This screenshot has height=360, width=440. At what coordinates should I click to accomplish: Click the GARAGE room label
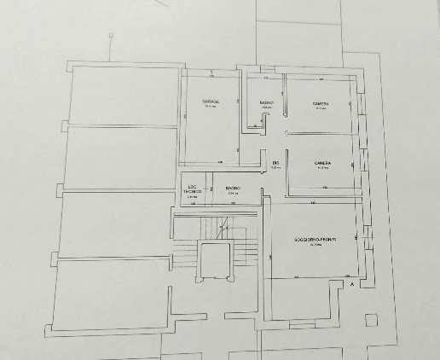211,101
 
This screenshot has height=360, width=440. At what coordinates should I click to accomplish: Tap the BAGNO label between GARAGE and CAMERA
266,102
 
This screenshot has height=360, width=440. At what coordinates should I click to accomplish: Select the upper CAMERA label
321,103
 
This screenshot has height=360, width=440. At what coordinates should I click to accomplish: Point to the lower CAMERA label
322,163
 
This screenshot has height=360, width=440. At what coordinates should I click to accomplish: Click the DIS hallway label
275,162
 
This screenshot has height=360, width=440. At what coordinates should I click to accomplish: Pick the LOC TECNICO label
192,190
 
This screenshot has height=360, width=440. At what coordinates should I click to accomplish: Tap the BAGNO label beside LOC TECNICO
233,188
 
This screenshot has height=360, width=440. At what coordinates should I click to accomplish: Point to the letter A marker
352,285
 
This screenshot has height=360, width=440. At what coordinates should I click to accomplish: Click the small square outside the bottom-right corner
369,320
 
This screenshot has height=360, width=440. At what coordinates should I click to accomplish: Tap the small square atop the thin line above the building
111,36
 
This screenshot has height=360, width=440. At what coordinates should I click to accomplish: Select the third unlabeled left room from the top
115,224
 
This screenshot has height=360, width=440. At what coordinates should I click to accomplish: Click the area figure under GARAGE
211,107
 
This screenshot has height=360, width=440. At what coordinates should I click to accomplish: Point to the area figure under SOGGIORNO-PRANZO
316,244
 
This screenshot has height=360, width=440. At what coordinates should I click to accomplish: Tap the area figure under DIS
275,168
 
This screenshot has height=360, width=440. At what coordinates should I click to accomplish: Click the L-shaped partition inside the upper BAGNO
257,125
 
